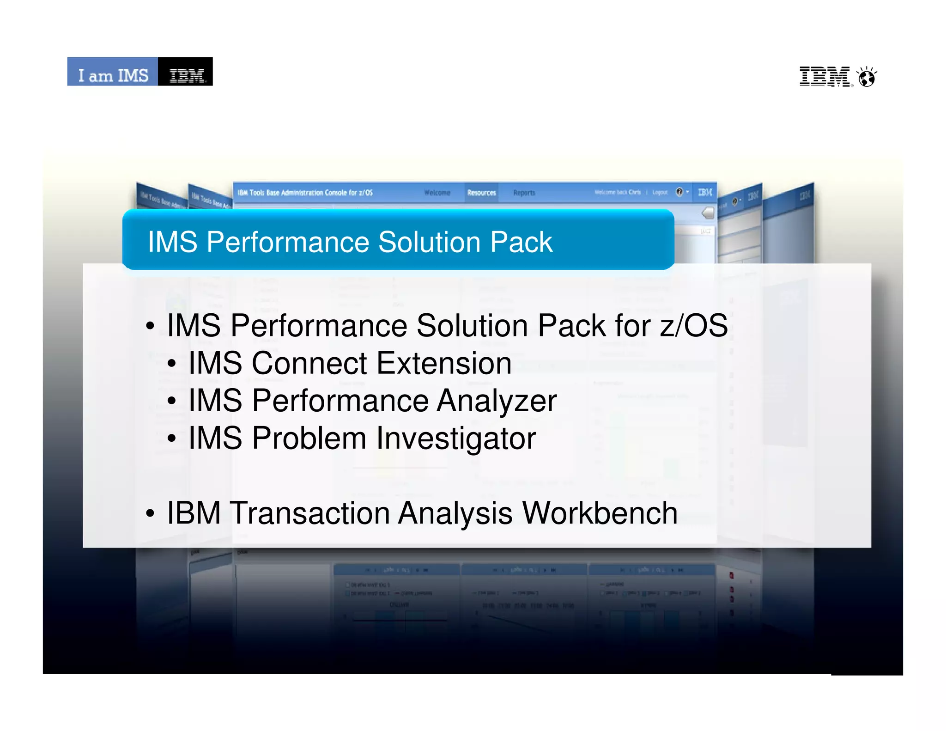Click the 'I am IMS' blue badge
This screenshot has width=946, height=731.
pyautogui.click(x=113, y=72)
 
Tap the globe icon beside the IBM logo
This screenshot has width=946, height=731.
pyautogui.click(x=867, y=77)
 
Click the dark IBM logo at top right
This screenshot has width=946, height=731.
pyautogui.click(x=825, y=76)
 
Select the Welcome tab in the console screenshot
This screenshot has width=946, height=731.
pyautogui.click(x=437, y=193)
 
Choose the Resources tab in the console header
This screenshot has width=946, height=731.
pyautogui.click(x=481, y=193)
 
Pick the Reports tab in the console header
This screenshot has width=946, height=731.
pyautogui.click(x=524, y=193)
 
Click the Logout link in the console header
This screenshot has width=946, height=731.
pyautogui.click(x=660, y=192)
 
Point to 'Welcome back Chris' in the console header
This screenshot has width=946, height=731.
pyautogui.click(x=617, y=192)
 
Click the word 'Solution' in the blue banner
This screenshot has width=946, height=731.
pyautogui.click(x=430, y=242)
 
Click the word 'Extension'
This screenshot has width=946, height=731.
pyautogui.click(x=444, y=363)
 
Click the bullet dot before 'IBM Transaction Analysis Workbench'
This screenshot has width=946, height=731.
pyautogui.click(x=150, y=513)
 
